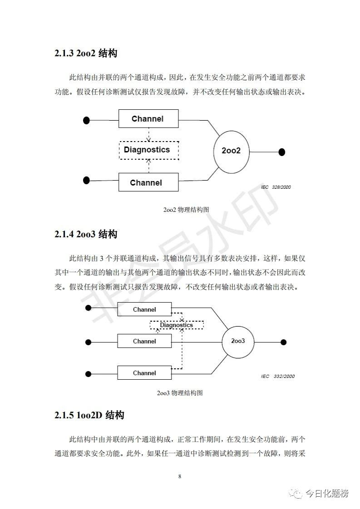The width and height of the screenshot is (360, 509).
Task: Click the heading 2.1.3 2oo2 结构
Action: pos(86,54)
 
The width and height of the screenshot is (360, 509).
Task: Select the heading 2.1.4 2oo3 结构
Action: pos(86,234)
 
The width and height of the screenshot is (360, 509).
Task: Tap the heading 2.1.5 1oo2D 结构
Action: pos(89,415)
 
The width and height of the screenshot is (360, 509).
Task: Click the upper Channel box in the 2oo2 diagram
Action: pos(148,119)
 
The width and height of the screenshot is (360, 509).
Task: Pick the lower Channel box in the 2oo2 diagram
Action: pos(146,182)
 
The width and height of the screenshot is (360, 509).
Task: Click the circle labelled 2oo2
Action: pos(231,151)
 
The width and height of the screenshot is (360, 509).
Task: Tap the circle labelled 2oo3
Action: pos(238,341)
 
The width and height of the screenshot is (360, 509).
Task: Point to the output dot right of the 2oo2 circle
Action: pos(281,152)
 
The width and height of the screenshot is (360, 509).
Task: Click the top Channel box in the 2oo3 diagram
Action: pos(144,309)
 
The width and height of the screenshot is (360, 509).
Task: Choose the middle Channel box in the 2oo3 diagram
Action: pos(144,341)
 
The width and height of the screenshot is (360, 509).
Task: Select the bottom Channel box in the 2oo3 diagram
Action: pos(144,373)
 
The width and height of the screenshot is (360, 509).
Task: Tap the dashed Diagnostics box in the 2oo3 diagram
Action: pos(177,325)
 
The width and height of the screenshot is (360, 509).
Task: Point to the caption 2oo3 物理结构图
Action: pos(180,392)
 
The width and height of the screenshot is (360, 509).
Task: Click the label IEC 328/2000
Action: pos(276,187)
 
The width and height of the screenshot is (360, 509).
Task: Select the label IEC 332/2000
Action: pos(278,376)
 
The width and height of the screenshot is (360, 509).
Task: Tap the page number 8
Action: pos(180,476)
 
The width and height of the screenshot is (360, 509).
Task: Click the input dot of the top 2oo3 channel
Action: pos(88,308)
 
